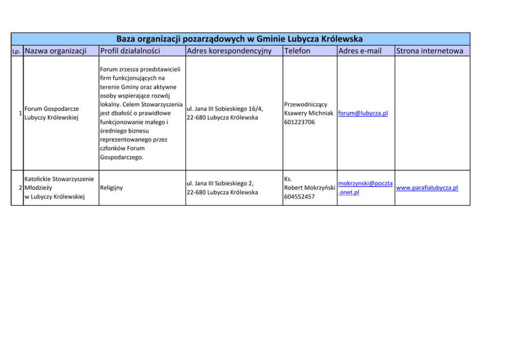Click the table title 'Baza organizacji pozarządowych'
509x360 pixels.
click(240, 39)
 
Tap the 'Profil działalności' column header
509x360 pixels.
click(130, 51)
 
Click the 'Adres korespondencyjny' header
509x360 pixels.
click(229, 51)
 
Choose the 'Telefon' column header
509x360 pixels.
click(297, 51)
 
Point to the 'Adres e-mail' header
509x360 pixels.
click(360, 51)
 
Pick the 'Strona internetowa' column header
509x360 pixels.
click(430, 51)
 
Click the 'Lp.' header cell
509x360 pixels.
click(17, 51)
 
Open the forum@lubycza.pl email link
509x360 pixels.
click(363, 113)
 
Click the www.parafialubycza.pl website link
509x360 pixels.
click(427, 188)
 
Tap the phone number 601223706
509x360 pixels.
click(299, 122)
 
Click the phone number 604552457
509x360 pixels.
click(299, 196)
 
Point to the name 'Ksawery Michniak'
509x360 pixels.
click(309, 113)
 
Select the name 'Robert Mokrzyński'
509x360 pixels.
click(309, 188)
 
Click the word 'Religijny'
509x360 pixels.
click(111, 188)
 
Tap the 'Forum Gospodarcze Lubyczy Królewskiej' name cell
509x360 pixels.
click(51, 113)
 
